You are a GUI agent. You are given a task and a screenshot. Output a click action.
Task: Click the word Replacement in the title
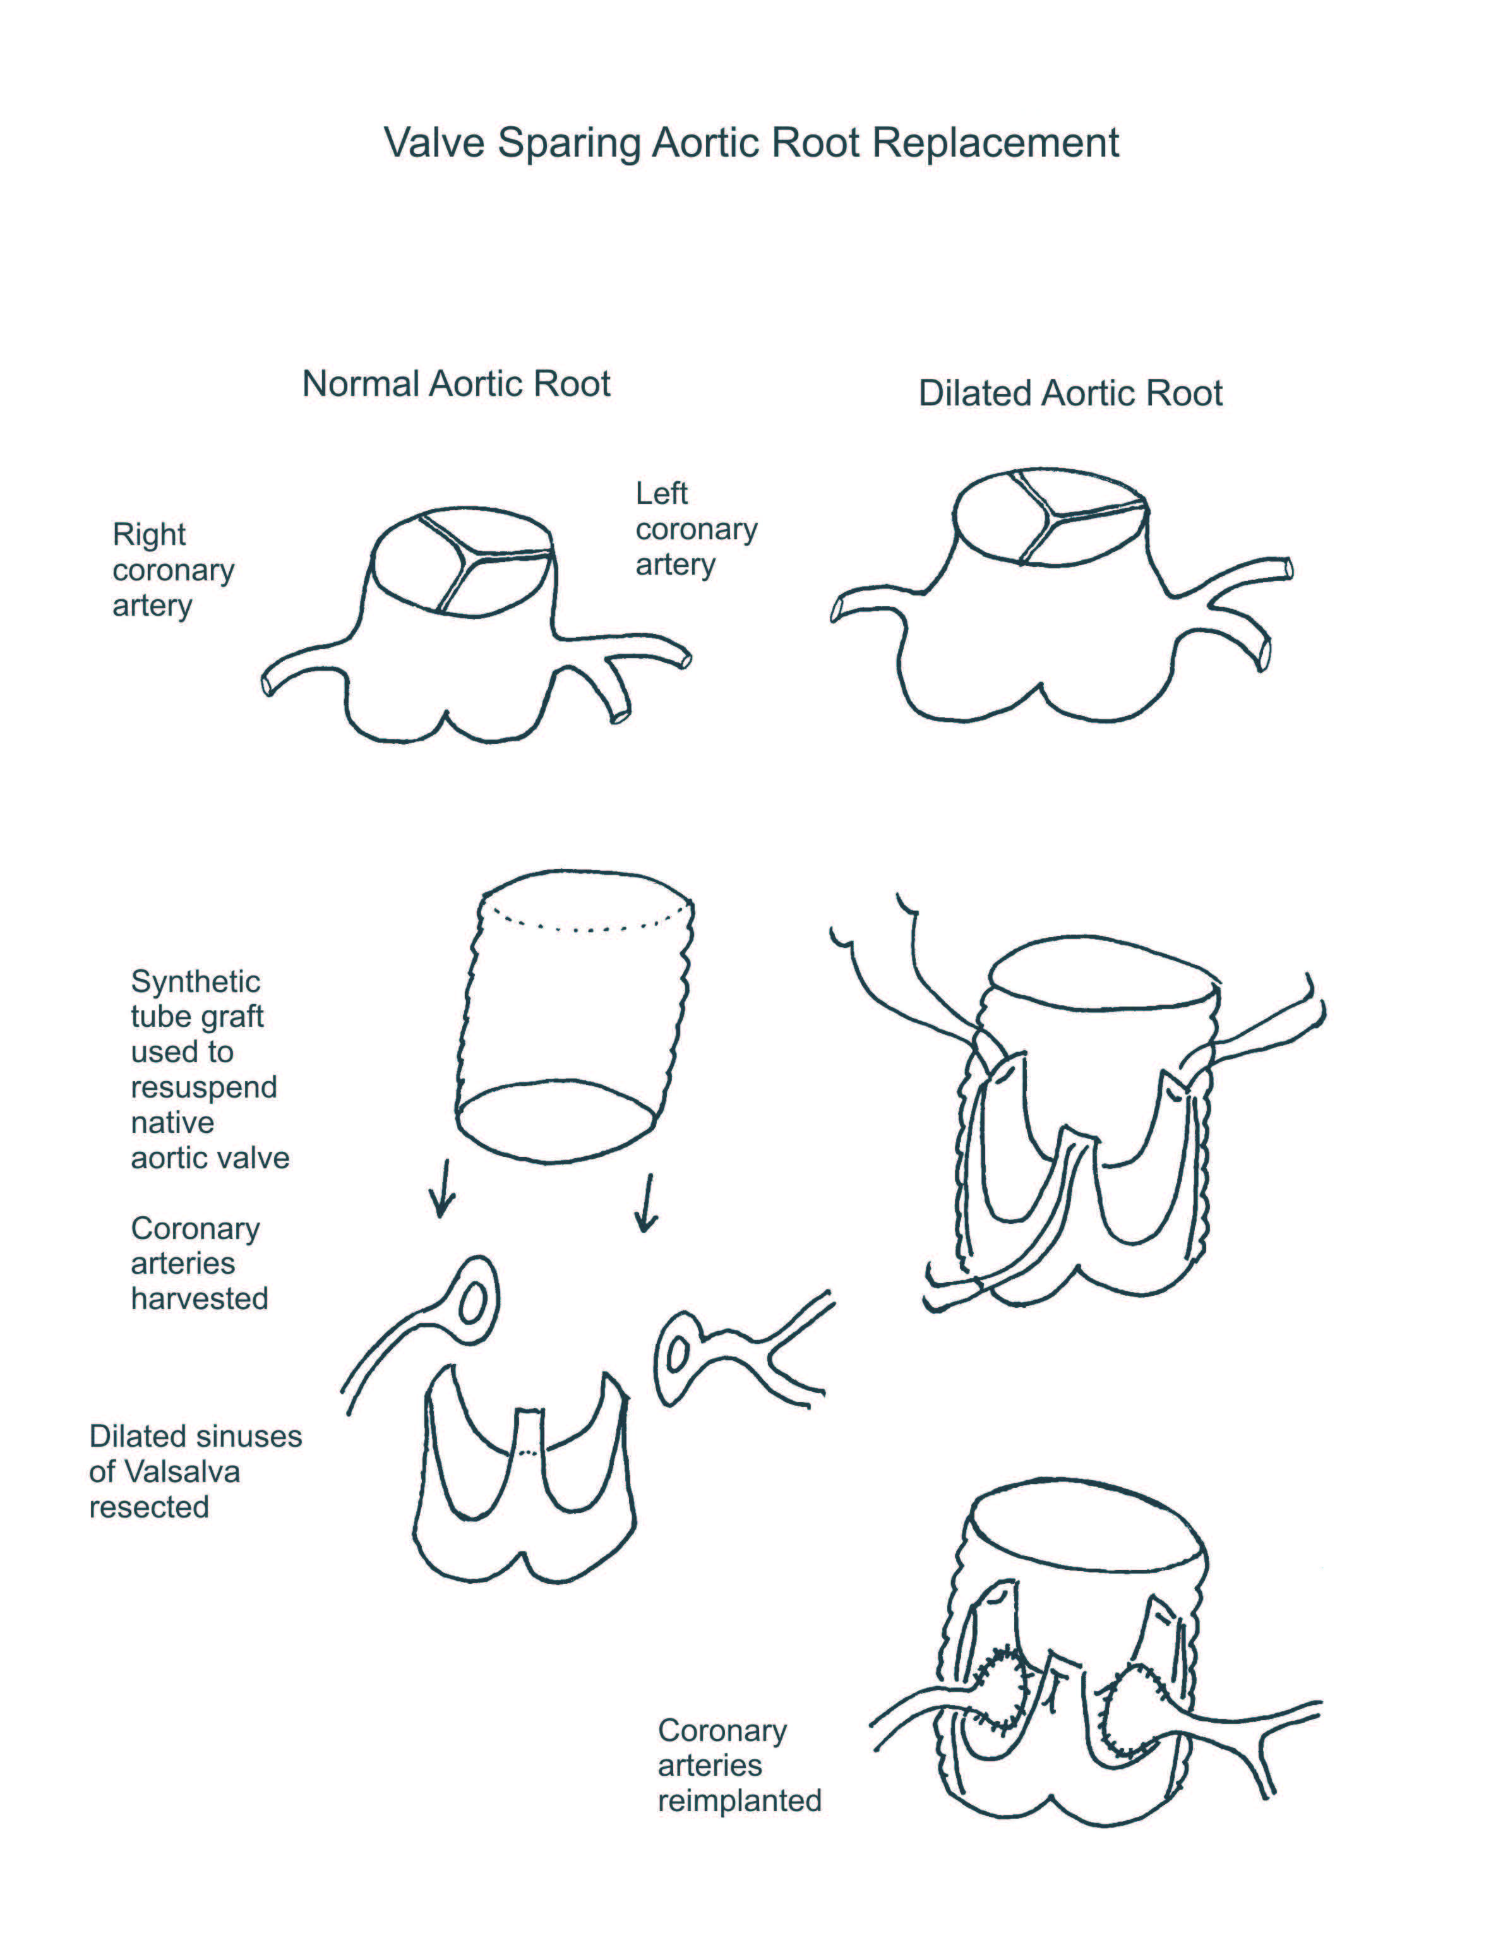pos(995,144)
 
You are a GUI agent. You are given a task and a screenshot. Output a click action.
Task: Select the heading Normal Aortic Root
pos(456,384)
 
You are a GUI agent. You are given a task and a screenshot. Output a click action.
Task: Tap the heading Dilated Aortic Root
pos(1070,393)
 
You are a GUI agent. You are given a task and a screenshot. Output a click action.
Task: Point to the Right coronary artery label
pos(173,570)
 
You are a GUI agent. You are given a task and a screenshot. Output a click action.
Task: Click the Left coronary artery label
pos(695,529)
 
